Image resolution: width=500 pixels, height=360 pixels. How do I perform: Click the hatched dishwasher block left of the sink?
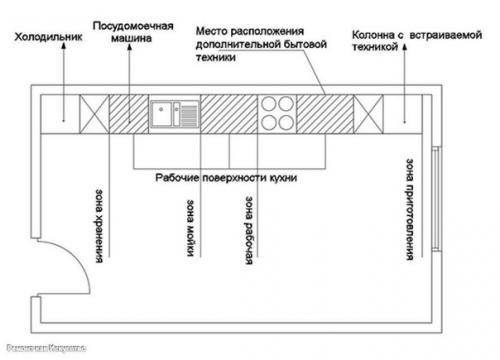128,111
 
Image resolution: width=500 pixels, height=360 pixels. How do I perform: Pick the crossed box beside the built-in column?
365,111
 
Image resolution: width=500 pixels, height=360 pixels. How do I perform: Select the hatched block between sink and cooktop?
230,111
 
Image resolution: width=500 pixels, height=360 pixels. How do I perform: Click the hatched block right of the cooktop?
322,111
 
